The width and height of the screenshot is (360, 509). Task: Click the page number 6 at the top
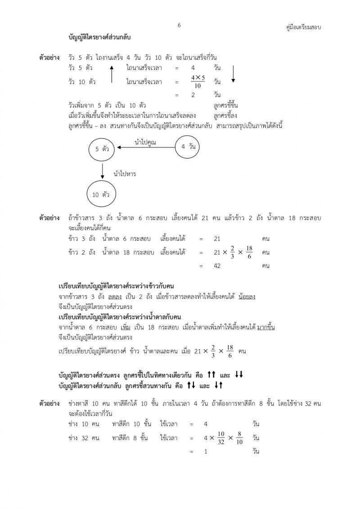tap(179, 26)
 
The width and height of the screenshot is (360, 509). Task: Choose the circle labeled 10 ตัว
tap(101, 194)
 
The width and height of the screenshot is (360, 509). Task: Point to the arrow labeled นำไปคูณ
tap(145, 147)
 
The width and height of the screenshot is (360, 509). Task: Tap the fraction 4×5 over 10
tap(198, 82)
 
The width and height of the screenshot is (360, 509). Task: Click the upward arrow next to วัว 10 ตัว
tap(111, 74)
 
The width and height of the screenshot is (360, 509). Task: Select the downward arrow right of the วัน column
tap(233, 74)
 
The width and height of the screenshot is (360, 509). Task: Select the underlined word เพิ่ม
tap(119, 327)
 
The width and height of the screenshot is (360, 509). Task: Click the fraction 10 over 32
tap(220, 438)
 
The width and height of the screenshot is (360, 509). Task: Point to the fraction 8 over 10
tap(239, 438)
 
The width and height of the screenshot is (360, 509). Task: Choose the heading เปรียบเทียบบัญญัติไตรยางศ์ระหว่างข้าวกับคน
tap(117, 286)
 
